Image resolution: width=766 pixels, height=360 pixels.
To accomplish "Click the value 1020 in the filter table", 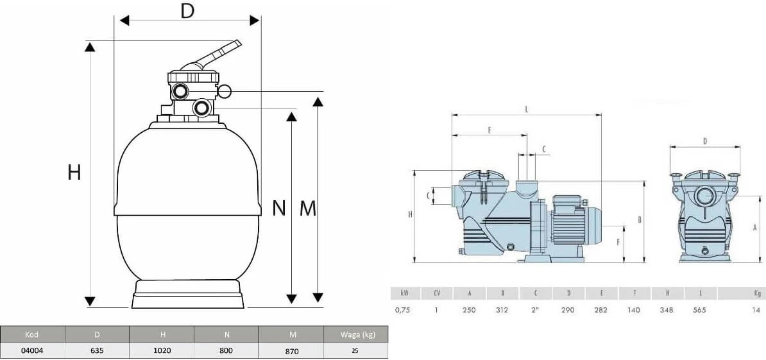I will (162, 351).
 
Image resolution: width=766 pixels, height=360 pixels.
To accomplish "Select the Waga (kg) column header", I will (355, 334).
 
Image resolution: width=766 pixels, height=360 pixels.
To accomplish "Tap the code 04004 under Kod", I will (33, 351).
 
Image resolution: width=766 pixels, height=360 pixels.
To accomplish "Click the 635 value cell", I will (97, 351).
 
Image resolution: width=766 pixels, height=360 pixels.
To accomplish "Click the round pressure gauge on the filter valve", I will (225, 91).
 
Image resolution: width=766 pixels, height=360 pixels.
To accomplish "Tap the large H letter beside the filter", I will (74, 172).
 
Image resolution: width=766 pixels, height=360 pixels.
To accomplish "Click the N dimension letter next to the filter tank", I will (278, 208).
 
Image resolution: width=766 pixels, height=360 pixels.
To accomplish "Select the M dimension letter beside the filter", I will (309, 208).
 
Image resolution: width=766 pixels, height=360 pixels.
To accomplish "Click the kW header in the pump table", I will (404, 293).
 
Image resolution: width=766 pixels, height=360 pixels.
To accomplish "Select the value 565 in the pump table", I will (701, 310).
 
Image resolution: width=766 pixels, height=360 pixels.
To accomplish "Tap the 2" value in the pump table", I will (536, 310).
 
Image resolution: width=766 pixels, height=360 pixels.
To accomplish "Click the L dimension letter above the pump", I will (527, 110).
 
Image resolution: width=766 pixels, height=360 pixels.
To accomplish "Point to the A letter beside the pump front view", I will (755, 227).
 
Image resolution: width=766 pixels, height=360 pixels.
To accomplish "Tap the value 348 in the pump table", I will (667, 310).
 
